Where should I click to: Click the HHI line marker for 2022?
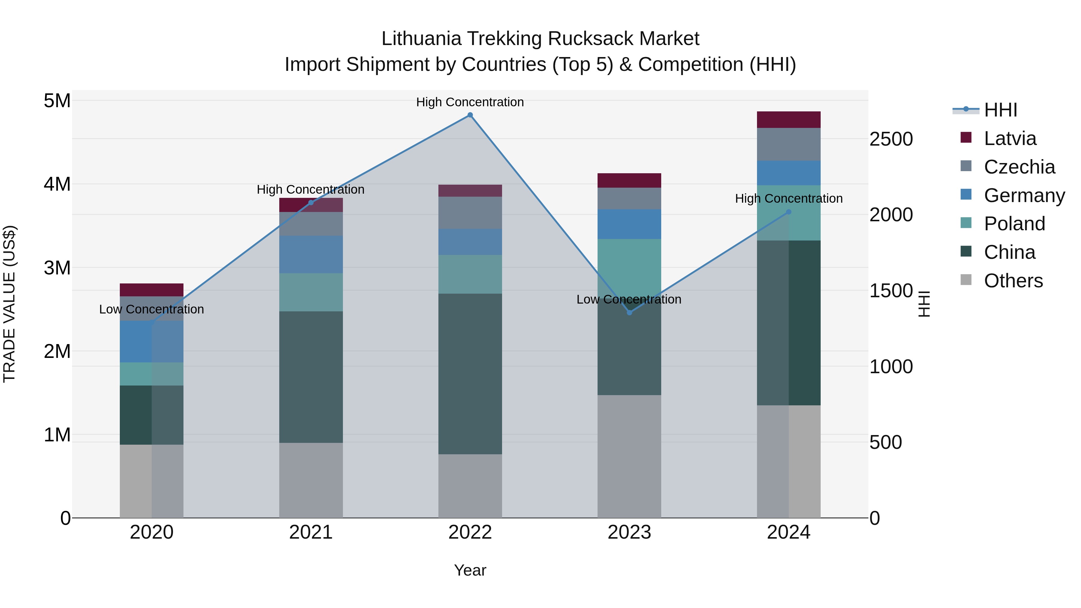470,115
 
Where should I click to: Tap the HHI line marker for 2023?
629,313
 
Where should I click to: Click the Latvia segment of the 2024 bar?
789,119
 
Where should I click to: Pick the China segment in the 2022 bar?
470,374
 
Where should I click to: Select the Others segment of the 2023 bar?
629,456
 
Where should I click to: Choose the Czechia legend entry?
1019,167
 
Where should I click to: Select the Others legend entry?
1013,281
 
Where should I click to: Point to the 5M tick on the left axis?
57,101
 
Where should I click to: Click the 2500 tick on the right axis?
891,139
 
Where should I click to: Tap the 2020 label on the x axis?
152,532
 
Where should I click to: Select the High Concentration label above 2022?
470,102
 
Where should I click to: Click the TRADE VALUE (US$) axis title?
9,304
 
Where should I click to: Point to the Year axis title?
470,570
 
